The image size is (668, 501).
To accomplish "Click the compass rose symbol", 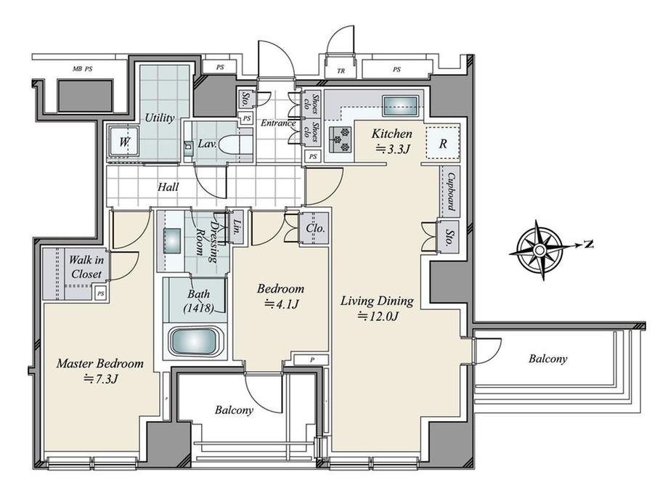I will (x=540, y=249).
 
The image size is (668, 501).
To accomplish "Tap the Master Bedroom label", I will (x=100, y=363).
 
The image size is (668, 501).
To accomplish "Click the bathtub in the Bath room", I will (x=193, y=341).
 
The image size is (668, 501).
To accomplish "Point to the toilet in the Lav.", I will (x=235, y=144).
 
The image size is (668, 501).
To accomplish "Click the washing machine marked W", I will (x=123, y=143).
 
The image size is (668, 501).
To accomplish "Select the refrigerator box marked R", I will (x=442, y=143).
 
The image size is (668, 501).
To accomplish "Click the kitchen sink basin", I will (x=399, y=105).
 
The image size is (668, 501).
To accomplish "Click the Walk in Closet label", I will (x=86, y=266).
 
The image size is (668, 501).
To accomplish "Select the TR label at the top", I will (x=341, y=70).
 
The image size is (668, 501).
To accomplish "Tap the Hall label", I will (x=168, y=187).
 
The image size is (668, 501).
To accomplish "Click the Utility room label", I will (x=158, y=117).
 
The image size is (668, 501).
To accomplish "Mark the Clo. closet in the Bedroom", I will (x=314, y=227).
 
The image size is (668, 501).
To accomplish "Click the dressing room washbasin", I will (x=172, y=239).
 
